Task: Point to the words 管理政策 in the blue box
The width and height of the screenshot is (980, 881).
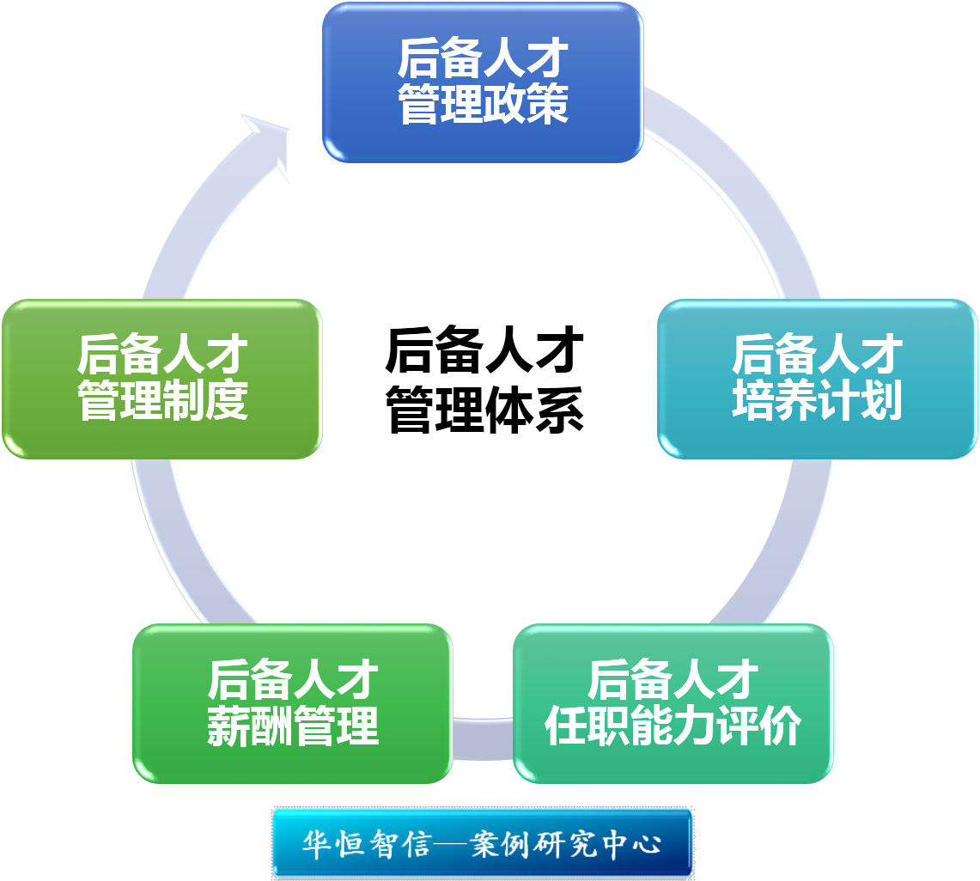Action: [483, 106]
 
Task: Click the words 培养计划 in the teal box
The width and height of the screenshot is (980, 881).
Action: [817, 401]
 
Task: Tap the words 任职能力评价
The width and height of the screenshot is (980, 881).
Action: [673, 726]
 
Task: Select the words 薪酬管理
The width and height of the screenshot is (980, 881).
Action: [292, 726]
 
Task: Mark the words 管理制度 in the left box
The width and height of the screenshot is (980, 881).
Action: [161, 401]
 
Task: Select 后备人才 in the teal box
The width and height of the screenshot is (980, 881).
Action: [817, 355]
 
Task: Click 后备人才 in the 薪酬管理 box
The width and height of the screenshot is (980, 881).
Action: [292, 680]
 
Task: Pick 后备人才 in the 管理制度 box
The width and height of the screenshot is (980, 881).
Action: [161, 355]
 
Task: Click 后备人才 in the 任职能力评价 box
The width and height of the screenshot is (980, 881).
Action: [673, 680]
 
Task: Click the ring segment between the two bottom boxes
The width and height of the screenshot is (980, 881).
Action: [483, 738]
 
